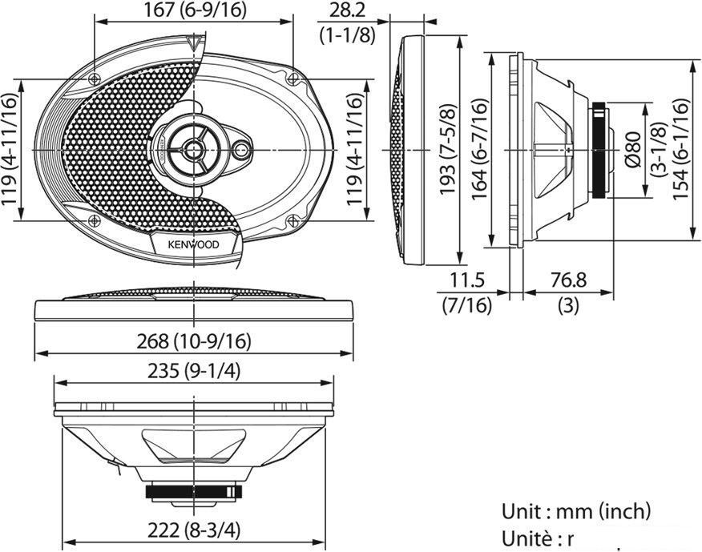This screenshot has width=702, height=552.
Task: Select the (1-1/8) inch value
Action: [x=346, y=34]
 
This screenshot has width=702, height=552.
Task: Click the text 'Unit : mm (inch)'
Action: [x=575, y=510]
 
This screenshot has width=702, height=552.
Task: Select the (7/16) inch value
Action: [x=469, y=305]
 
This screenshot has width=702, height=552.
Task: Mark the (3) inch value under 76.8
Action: [x=567, y=305]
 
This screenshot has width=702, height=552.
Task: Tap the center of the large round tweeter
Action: [x=193, y=147]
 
